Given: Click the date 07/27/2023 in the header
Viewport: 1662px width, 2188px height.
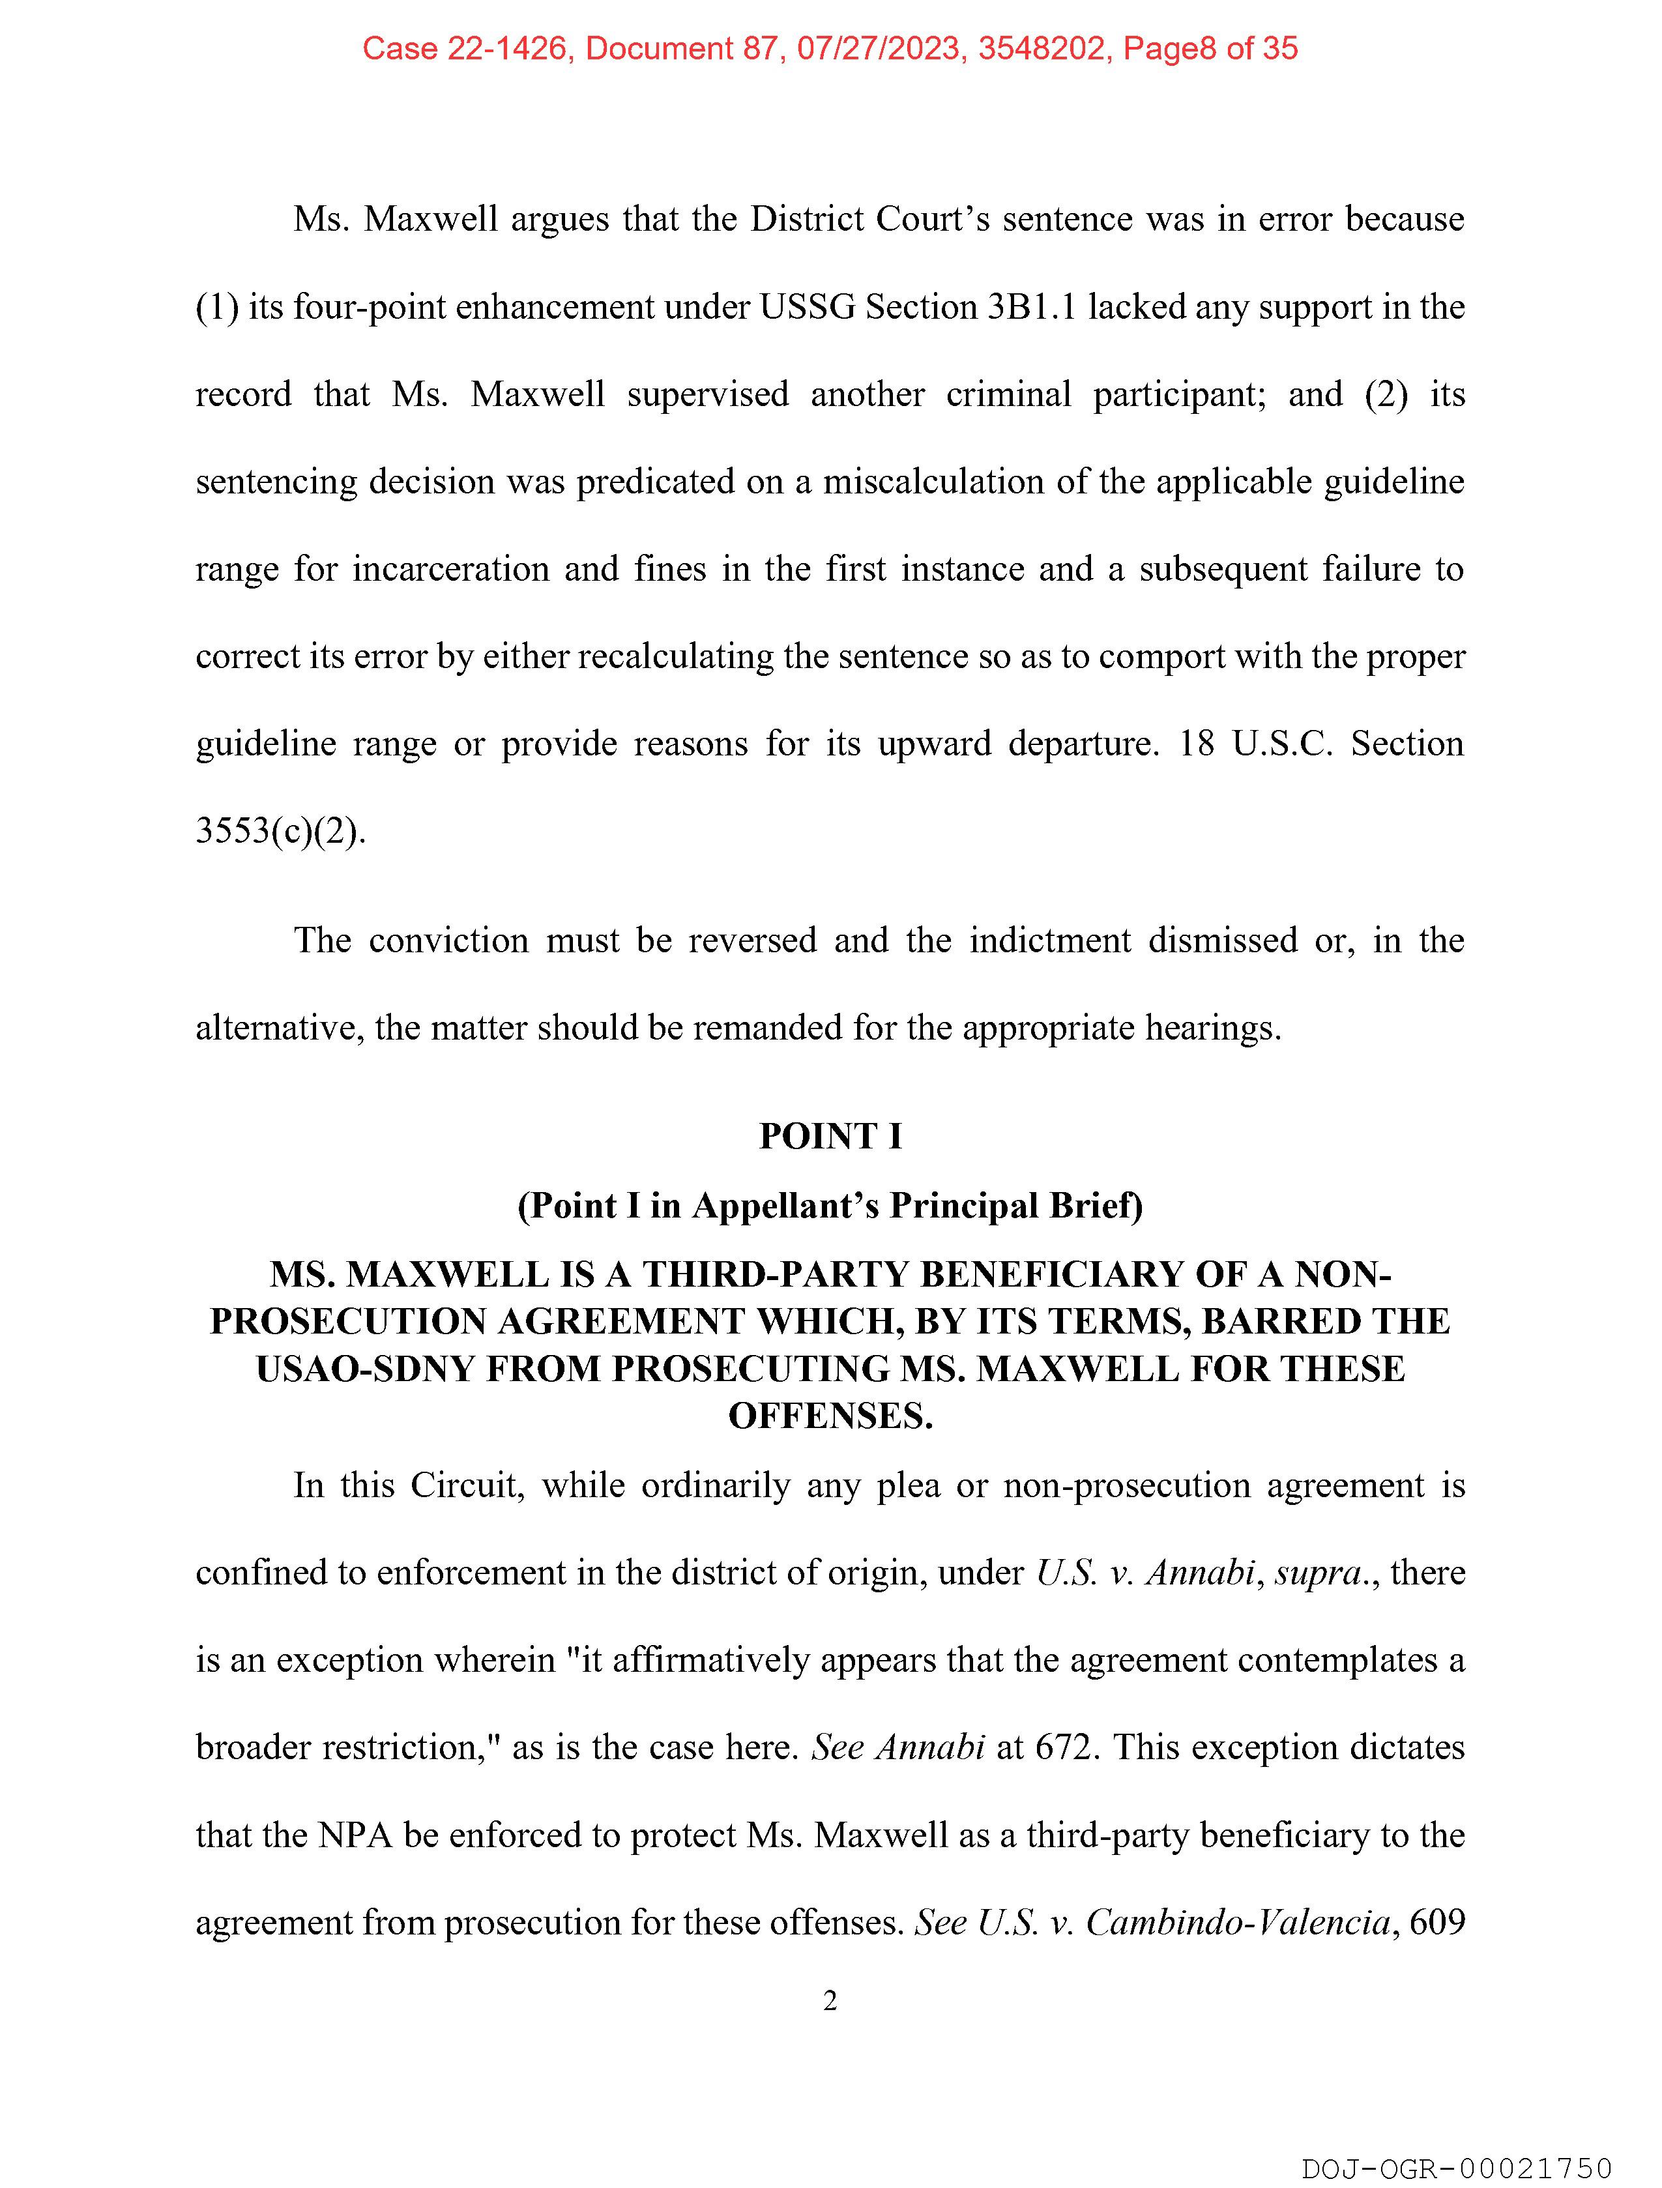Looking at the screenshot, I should (x=879, y=48).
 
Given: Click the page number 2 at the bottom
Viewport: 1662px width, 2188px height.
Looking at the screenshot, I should (x=830, y=2000).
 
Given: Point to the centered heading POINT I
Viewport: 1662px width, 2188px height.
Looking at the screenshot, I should (x=830, y=1135).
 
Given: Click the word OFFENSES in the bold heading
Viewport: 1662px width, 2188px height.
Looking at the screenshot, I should (x=830, y=1416).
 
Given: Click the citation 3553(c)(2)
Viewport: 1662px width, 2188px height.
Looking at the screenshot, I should (x=280, y=831).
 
